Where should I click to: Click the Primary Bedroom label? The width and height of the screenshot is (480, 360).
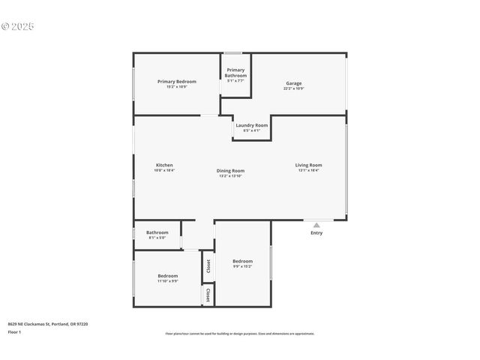(x=176, y=81)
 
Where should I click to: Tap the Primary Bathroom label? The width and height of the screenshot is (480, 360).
(x=235, y=73)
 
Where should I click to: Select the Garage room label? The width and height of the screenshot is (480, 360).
(x=293, y=83)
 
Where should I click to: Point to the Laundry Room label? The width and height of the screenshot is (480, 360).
(x=251, y=125)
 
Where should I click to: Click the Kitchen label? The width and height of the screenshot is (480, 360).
(x=164, y=165)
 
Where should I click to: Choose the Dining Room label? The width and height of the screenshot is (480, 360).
(x=231, y=170)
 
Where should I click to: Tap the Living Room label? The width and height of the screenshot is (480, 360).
(x=308, y=165)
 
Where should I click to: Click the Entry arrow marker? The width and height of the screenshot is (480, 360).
(x=316, y=224)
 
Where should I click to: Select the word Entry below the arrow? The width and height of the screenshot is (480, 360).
(x=316, y=232)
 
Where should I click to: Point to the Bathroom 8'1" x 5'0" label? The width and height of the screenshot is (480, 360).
(x=157, y=232)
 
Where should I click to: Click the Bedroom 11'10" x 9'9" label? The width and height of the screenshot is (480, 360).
(x=167, y=276)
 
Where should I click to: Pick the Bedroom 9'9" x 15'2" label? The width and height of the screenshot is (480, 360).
(x=242, y=261)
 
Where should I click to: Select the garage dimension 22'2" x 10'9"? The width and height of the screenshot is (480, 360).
(x=293, y=88)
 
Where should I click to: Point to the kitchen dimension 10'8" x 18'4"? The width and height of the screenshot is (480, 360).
(x=163, y=170)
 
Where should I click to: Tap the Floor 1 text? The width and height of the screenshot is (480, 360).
(x=14, y=331)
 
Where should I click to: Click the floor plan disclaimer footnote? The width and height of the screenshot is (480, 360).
(x=240, y=334)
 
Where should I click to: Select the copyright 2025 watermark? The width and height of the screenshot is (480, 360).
(x=18, y=26)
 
